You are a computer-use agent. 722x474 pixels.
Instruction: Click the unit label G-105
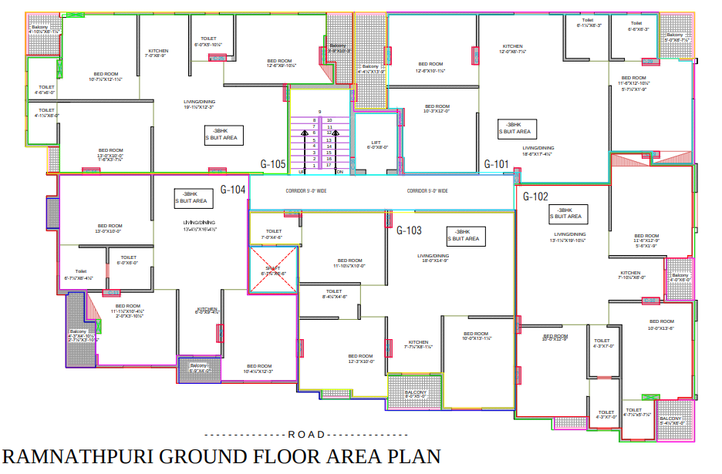(x=273, y=164)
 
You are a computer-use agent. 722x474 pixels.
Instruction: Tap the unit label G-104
(x=233, y=190)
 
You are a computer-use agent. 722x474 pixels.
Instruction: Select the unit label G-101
(x=496, y=164)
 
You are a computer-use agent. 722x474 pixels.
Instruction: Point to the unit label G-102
(x=535, y=197)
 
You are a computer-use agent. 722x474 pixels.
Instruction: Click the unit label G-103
(x=409, y=230)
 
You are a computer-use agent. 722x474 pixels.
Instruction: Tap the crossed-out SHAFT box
(x=273, y=271)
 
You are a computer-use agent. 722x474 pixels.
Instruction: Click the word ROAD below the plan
(x=305, y=435)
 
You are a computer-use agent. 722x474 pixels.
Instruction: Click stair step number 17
(x=329, y=165)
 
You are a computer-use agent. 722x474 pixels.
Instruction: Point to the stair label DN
(x=339, y=172)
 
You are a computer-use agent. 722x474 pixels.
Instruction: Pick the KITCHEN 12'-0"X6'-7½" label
(x=513, y=49)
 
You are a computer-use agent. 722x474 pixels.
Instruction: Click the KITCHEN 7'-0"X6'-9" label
(x=158, y=53)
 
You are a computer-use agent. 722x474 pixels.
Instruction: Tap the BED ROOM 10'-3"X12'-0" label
(x=437, y=109)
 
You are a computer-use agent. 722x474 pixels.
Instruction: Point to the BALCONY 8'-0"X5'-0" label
(x=415, y=394)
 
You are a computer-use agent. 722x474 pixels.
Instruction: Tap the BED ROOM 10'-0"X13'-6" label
(x=661, y=324)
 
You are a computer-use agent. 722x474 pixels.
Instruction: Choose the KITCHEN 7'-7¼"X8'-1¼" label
(x=418, y=344)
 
